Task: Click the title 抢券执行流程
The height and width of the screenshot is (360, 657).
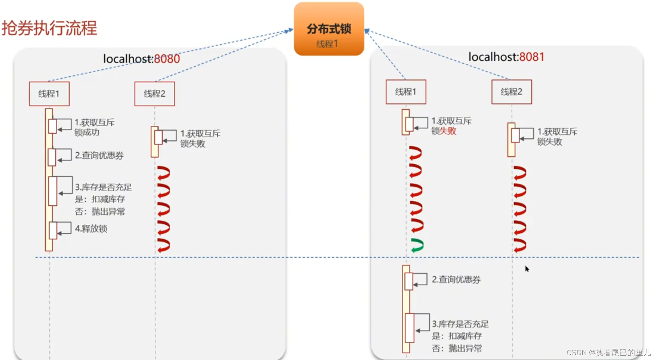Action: [x=49, y=28]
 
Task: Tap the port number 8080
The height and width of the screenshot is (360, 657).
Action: [x=167, y=59]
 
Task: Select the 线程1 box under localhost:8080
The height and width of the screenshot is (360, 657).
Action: [x=49, y=94]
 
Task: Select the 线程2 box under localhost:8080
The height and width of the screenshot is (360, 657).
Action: [x=154, y=94]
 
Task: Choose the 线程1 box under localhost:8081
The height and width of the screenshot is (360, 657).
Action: [x=406, y=92]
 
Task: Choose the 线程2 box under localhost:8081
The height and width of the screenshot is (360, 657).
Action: [x=511, y=92]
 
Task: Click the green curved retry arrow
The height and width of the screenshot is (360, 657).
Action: [x=417, y=245]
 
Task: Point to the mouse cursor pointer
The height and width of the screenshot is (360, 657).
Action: [x=527, y=269]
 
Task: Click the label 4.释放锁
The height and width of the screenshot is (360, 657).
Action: [x=91, y=229]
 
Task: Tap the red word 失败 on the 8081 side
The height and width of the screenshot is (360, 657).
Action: [x=448, y=131]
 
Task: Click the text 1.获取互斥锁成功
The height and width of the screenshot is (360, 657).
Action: [x=94, y=127]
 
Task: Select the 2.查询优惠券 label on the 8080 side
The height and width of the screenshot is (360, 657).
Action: [x=99, y=156]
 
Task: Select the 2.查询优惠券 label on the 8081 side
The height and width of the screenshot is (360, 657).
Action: [x=456, y=280]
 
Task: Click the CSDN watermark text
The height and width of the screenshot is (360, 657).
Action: [x=608, y=352]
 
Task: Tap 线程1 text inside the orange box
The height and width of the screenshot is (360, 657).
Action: [x=327, y=44]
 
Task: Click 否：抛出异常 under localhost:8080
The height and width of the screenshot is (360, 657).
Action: [x=100, y=212]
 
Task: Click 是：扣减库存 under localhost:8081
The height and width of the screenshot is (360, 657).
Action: [x=457, y=336]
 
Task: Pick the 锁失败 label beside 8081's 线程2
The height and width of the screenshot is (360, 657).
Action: [x=550, y=142]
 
